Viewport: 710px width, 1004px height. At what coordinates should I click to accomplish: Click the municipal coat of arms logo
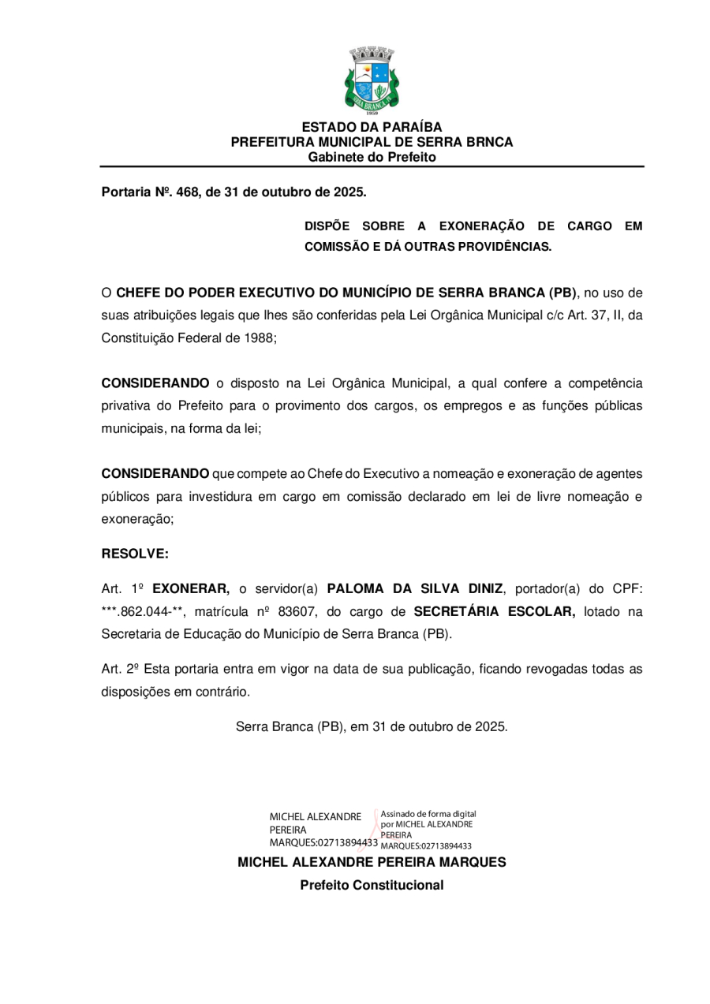point(372,81)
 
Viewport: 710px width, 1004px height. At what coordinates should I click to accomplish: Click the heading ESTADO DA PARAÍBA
point(372,127)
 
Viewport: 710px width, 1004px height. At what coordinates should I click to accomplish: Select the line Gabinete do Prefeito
point(372,157)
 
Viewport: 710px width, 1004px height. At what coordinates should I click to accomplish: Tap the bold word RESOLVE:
point(135,554)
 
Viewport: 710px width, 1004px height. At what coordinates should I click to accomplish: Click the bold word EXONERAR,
point(190,588)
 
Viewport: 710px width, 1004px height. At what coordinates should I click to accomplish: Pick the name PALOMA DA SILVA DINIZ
point(414,588)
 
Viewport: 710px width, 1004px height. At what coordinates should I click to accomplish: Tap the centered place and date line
point(372,726)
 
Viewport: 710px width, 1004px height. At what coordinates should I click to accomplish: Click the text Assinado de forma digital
point(428,813)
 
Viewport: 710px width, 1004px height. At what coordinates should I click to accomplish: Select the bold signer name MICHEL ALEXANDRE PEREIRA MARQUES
point(372,862)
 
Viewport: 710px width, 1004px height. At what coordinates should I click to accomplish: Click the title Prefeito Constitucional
point(372,885)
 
